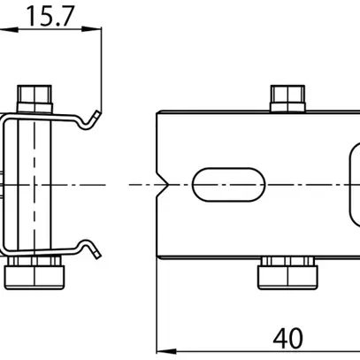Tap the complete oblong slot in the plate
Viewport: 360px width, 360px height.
230,185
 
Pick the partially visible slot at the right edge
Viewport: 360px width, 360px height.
352,185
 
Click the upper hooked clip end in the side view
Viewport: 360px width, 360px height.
89,117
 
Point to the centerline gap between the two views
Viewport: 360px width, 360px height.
128,185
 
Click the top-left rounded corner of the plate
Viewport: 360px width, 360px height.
160,113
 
